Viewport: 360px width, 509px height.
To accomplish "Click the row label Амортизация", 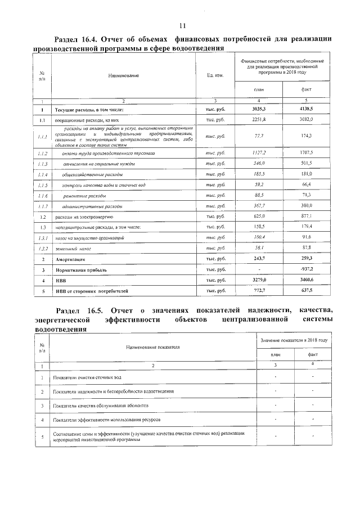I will [x=70, y=259].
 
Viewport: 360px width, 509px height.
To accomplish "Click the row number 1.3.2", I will [x=42, y=248].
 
